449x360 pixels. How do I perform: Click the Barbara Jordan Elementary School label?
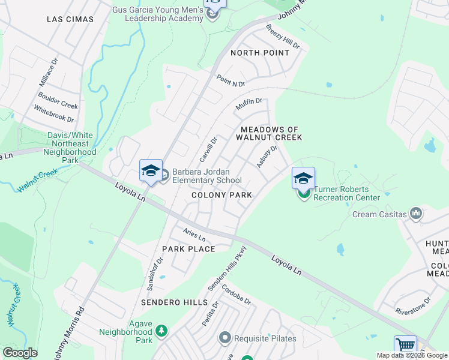pyautogui.click(x=206, y=176)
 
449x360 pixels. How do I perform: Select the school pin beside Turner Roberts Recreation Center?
pyautogui.click(x=303, y=178)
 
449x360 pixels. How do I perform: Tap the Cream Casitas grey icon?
pyautogui.click(x=416, y=214)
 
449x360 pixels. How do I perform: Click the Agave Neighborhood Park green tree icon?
pyautogui.click(x=161, y=331)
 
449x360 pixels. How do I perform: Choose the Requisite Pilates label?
pyautogui.click(x=265, y=338)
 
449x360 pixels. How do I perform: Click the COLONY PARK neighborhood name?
pyautogui.click(x=221, y=196)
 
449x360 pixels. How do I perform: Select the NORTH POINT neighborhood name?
pyautogui.click(x=260, y=53)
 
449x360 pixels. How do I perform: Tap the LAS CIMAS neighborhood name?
pyautogui.click(x=70, y=19)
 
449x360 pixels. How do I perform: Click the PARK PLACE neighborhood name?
pyautogui.click(x=188, y=249)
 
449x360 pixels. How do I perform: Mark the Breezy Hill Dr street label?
pyautogui.click(x=282, y=37)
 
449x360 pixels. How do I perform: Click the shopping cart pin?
pyautogui.click(x=405, y=346)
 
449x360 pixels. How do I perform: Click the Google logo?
pyautogui.click(x=20, y=353)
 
